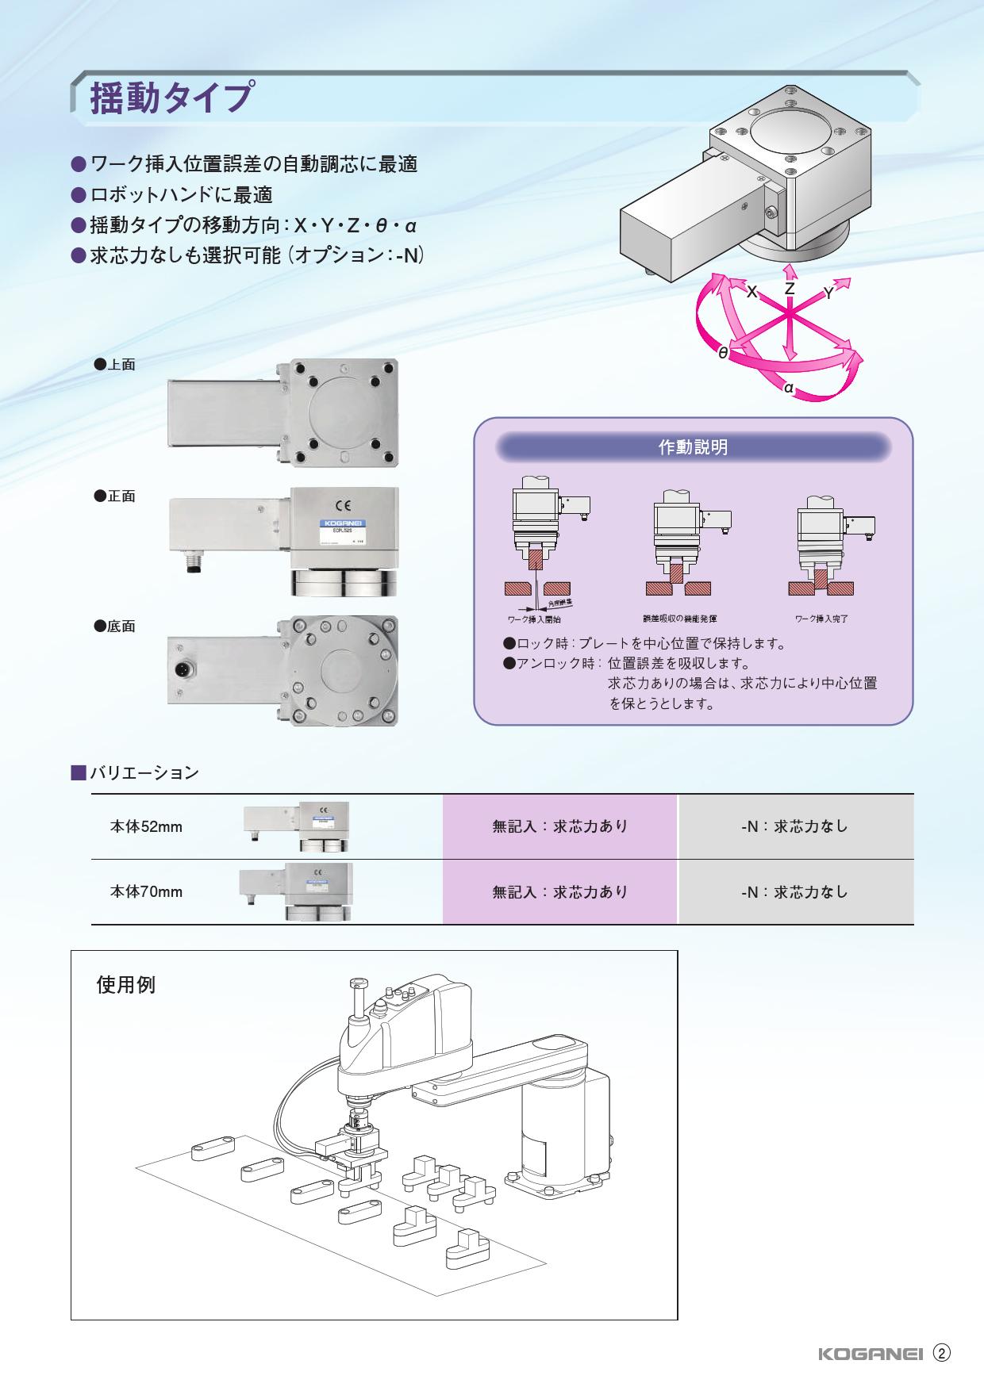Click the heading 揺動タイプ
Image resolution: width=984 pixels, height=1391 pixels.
click(x=171, y=98)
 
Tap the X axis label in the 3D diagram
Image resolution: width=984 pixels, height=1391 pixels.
click(x=751, y=292)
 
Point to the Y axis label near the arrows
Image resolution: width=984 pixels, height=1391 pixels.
click(x=828, y=293)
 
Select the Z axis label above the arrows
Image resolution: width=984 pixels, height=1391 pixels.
click(x=789, y=289)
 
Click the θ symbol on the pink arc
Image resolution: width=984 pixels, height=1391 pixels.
click(x=723, y=353)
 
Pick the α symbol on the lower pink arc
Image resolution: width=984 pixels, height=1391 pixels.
click(x=788, y=388)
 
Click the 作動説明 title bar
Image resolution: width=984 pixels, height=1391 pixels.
click(x=693, y=447)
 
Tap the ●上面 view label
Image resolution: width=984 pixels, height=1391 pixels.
click(x=114, y=365)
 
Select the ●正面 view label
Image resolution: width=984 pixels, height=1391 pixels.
click(x=114, y=496)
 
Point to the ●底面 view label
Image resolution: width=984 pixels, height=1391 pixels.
click(x=114, y=627)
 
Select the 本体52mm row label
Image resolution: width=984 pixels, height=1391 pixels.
click(x=146, y=827)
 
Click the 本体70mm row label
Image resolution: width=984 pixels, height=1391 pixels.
click(x=146, y=892)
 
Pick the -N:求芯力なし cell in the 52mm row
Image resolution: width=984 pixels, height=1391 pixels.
click(x=795, y=826)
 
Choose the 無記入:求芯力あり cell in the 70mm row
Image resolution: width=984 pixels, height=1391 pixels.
click(x=560, y=892)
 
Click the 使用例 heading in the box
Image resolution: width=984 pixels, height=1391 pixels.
click(x=125, y=985)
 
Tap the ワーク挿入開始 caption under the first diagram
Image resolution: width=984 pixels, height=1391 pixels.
click(x=533, y=619)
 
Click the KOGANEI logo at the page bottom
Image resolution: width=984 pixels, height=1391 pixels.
click(x=869, y=1354)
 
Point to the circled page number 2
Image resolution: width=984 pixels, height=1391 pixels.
click(x=941, y=1353)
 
